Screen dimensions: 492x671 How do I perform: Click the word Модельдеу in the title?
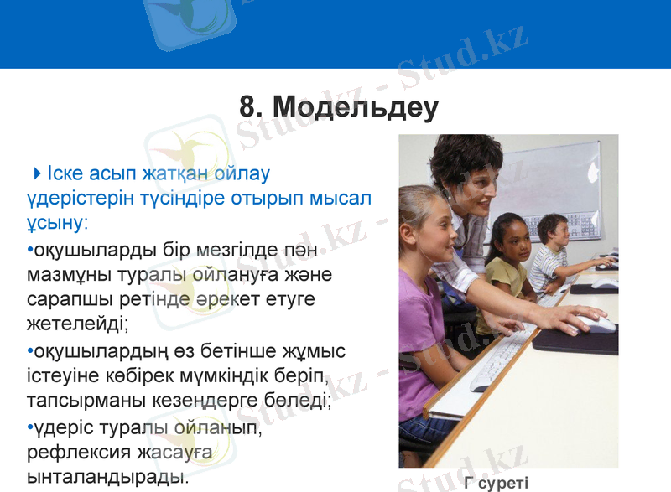[x=356, y=108]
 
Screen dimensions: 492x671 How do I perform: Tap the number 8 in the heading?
[x=247, y=108]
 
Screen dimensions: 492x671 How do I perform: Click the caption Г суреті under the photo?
[x=496, y=482]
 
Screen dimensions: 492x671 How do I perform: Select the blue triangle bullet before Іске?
[x=38, y=173]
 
